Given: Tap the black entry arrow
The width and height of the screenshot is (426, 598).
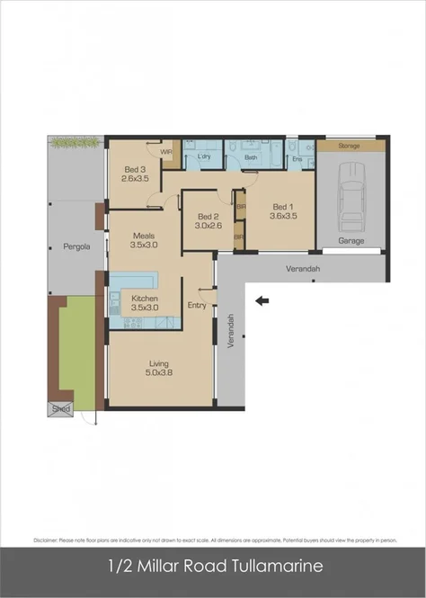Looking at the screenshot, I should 262,301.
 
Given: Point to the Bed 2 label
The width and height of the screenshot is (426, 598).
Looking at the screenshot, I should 209,217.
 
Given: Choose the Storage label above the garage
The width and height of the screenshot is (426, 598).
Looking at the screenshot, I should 351,145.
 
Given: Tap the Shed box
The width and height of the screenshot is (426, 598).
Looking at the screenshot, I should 60,408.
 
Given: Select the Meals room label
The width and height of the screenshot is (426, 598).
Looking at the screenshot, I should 144,235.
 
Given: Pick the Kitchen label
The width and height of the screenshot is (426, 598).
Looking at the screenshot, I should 145,299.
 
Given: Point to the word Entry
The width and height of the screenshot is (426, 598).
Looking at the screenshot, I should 197,306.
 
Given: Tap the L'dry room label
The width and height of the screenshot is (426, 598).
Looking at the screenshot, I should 203,158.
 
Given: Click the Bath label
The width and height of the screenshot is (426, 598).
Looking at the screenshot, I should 251,158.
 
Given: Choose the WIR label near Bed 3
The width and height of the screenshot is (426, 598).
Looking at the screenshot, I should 165,153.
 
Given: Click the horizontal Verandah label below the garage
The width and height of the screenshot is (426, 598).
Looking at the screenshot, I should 303,269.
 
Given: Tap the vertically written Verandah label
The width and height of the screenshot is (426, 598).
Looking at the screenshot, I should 231,330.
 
